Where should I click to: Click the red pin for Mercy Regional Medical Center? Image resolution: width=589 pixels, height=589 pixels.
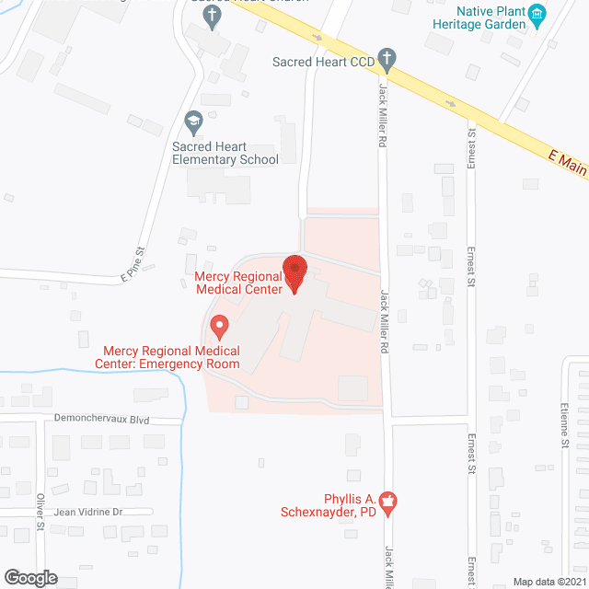pyautogui.click(x=294, y=273)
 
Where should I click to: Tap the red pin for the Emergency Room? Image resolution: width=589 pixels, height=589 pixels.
pyautogui.click(x=218, y=326)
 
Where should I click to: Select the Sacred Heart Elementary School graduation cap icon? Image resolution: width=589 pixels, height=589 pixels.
pyautogui.click(x=193, y=121)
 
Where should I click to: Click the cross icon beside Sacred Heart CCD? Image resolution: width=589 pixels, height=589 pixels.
pyautogui.click(x=387, y=61)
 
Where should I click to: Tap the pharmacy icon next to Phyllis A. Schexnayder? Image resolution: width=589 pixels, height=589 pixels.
pyautogui.click(x=387, y=502)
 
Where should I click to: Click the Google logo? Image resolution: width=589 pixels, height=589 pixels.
pyautogui.click(x=29, y=577)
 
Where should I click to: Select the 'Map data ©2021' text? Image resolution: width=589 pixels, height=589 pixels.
pyautogui.click(x=548, y=582)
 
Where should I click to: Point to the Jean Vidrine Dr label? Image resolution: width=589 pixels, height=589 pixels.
pyautogui.click(x=88, y=511)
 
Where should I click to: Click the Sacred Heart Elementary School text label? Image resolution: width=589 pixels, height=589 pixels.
pyautogui.click(x=225, y=153)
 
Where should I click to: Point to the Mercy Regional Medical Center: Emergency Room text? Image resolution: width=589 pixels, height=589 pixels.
pyautogui.click(x=171, y=357)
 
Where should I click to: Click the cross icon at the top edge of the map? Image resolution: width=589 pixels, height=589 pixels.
pyautogui.click(x=213, y=17)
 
